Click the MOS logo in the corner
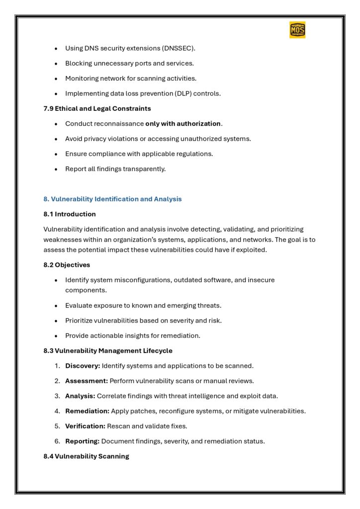pyautogui.click(x=297, y=30)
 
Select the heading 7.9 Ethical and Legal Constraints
pyautogui.click(x=97, y=108)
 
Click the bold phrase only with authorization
pyautogui.click(x=183, y=124)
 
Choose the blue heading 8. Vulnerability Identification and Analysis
pyautogui.click(x=113, y=199)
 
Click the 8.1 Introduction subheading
pyautogui.click(x=70, y=214)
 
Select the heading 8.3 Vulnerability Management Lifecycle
pyautogui.click(x=108, y=351)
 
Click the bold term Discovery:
pyautogui.click(x=83, y=366)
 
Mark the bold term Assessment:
pyautogui.click(x=87, y=381)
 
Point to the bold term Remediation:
pyautogui.click(x=87, y=411)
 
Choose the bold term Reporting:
pyautogui.click(x=83, y=441)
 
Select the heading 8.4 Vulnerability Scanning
pyautogui.click(x=87, y=456)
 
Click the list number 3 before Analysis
pyautogui.click(x=57, y=396)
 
